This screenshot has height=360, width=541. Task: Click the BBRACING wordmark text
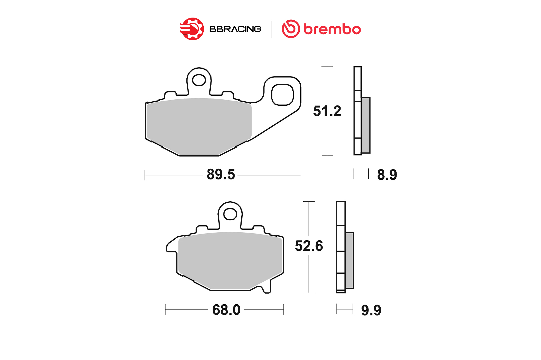coord(235,29)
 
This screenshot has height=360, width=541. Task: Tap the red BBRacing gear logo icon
coord(192,29)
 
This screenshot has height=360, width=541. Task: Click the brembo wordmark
coord(332,29)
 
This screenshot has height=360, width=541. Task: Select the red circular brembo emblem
coord(291,29)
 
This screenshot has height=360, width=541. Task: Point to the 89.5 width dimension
coord(221,174)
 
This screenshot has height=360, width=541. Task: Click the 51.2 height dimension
coord(327,111)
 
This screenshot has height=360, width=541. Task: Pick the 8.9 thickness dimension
coord(387,175)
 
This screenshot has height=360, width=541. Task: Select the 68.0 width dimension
coord(226,310)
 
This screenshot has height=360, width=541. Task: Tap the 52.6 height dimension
coord(309,246)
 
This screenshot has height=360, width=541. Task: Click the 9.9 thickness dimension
coord(371,310)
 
